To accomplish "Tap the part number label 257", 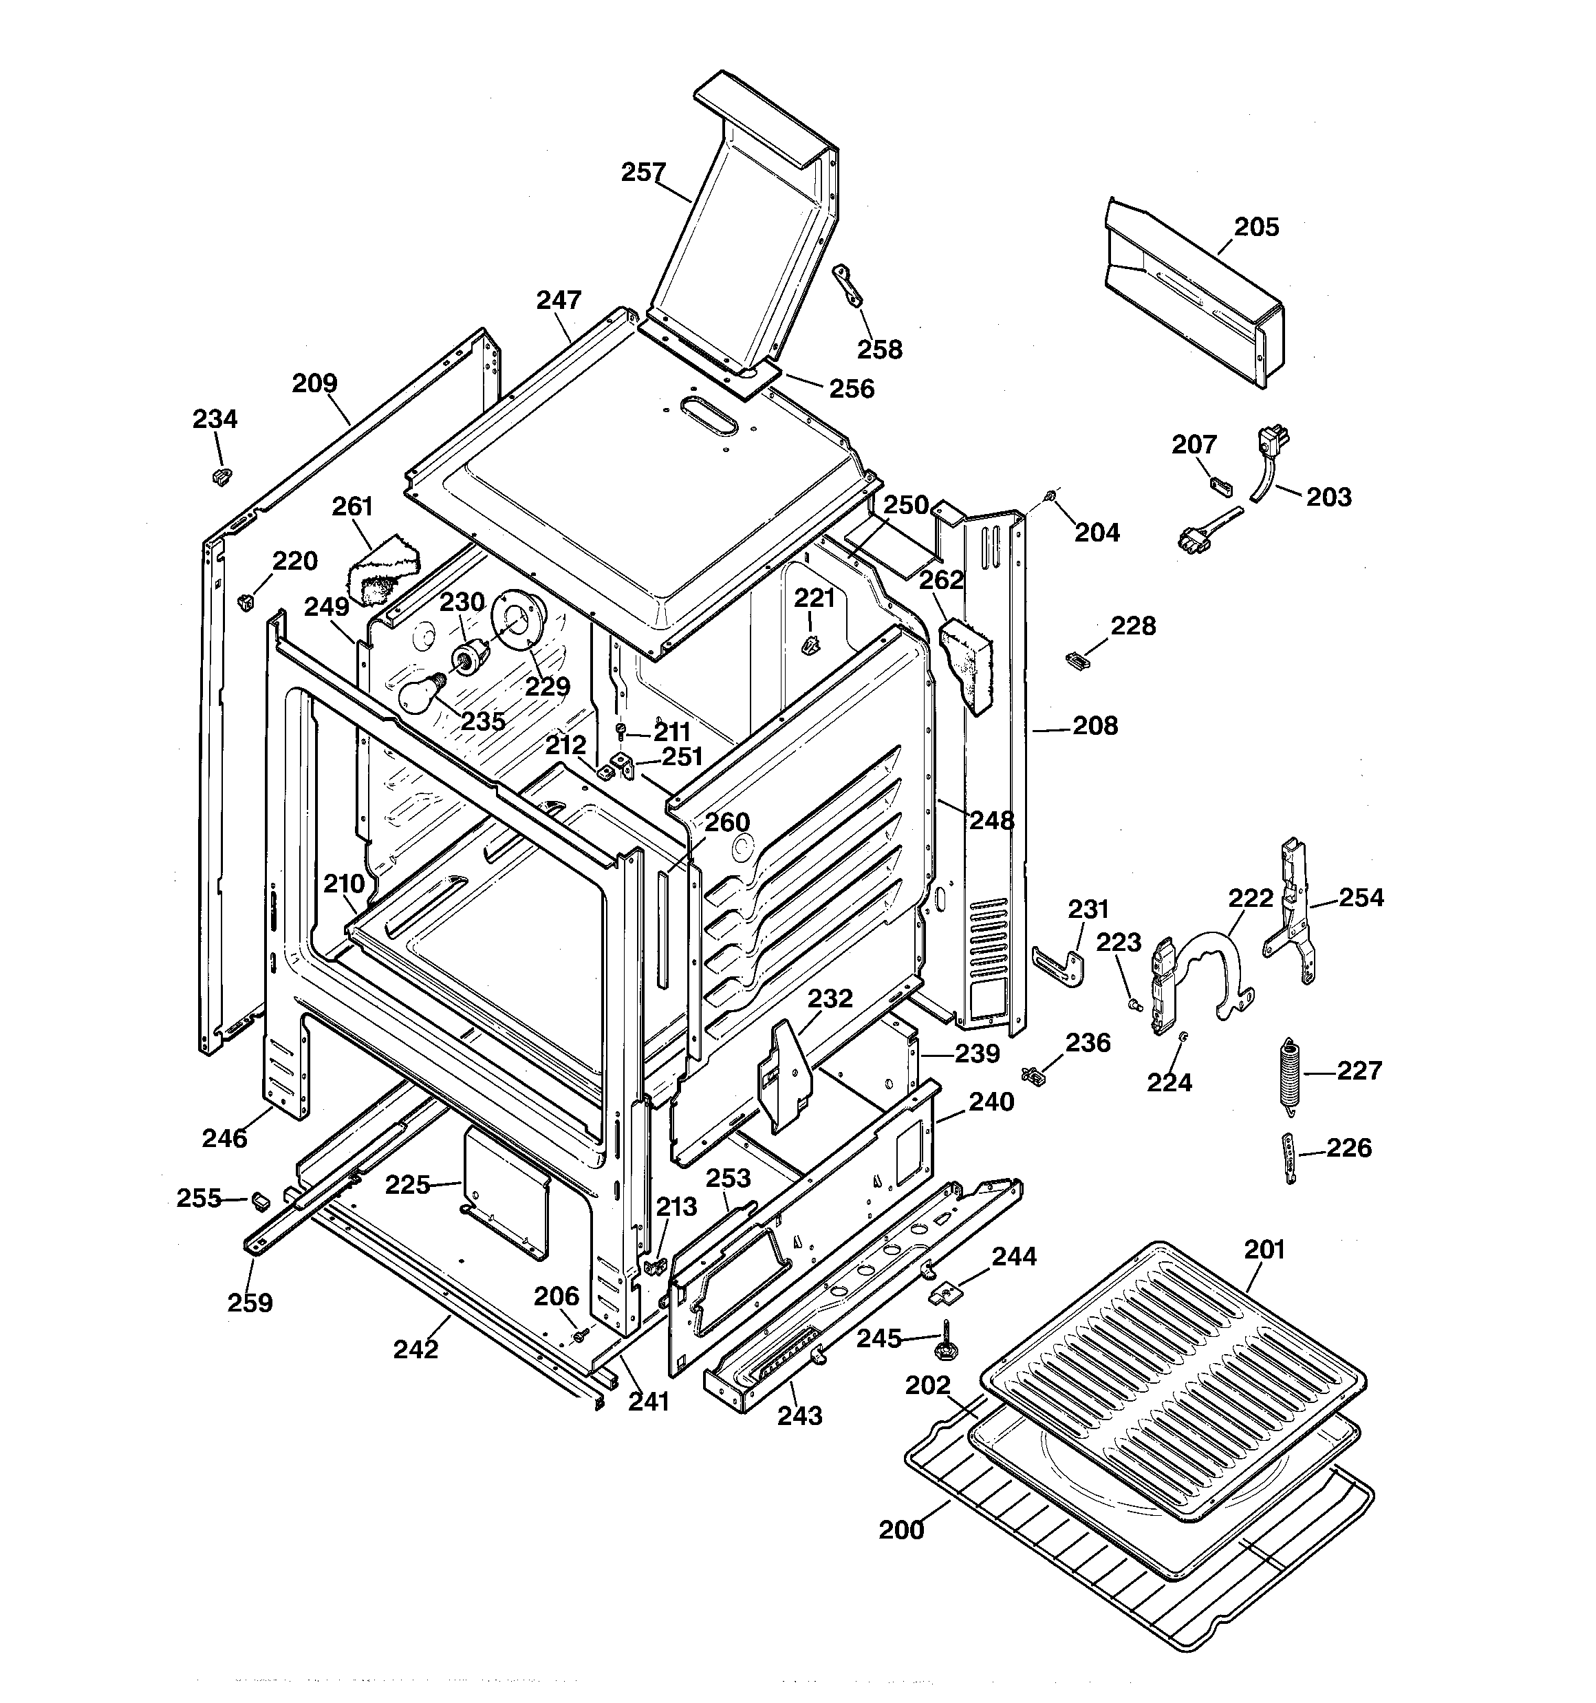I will (x=643, y=172).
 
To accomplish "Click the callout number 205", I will (x=1256, y=227).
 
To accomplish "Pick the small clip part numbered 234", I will (x=221, y=475).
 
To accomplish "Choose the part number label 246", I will (x=224, y=1139).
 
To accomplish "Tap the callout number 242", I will (x=416, y=1349).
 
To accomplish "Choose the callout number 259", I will (x=249, y=1302).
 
